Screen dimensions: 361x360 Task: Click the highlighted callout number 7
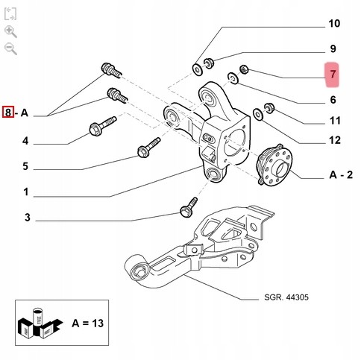click(333, 75)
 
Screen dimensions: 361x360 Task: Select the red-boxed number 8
click(8, 112)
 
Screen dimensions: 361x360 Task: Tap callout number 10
click(334, 24)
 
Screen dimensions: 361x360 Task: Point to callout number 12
click(335, 140)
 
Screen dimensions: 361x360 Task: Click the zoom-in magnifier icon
click(10, 32)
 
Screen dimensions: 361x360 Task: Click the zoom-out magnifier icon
click(10, 48)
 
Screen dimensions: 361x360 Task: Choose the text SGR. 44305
click(286, 297)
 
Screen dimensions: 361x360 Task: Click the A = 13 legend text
click(87, 323)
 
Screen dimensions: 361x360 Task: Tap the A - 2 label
click(341, 175)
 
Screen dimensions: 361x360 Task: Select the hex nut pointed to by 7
click(244, 69)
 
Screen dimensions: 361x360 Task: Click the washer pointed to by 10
click(198, 69)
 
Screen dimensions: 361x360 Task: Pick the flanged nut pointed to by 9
click(208, 63)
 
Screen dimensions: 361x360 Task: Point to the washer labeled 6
click(233, 78)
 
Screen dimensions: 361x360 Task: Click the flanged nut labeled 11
click(269, 107)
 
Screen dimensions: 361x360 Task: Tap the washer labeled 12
click(258, 114)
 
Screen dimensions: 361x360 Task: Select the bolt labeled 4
click(102, 126)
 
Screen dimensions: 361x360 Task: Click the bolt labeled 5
click(148, 148)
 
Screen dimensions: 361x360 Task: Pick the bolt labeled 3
click(189, 207)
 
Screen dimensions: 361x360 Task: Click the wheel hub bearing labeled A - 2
click(274, 164)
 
